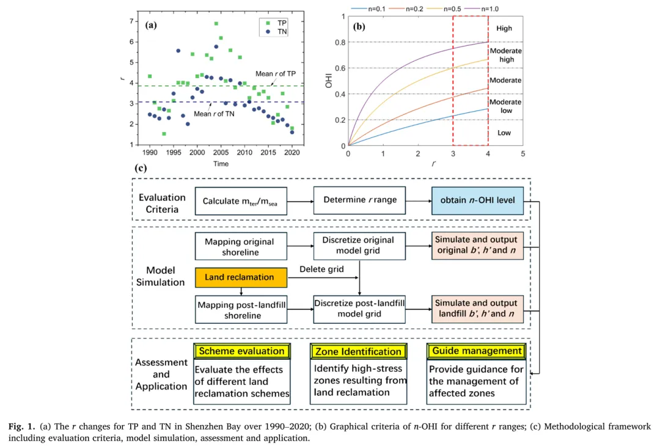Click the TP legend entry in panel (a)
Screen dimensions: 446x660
point(276,23)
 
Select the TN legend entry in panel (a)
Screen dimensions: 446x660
point(276,31)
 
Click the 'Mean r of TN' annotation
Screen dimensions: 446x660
point(215,114)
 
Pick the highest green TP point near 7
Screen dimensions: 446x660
point(216,24)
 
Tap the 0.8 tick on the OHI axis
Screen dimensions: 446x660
point(340,42)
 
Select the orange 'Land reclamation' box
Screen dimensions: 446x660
point(240,277)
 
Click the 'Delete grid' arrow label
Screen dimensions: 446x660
point(321,269)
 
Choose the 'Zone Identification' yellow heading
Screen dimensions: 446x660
point(358,351)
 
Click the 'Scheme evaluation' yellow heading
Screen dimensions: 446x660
point(241,351)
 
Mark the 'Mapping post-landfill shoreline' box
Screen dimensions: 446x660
point(240,310)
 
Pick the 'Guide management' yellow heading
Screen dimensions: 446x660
point(477,351)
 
